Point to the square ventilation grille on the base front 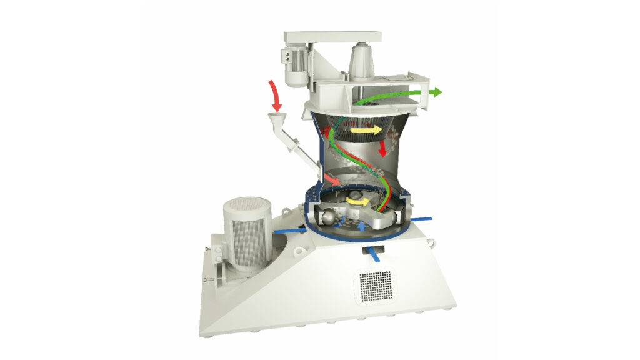click(376, 286)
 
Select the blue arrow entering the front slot click(374, 254)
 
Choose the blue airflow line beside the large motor click(289, 231)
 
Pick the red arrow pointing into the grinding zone click(333, 179)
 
